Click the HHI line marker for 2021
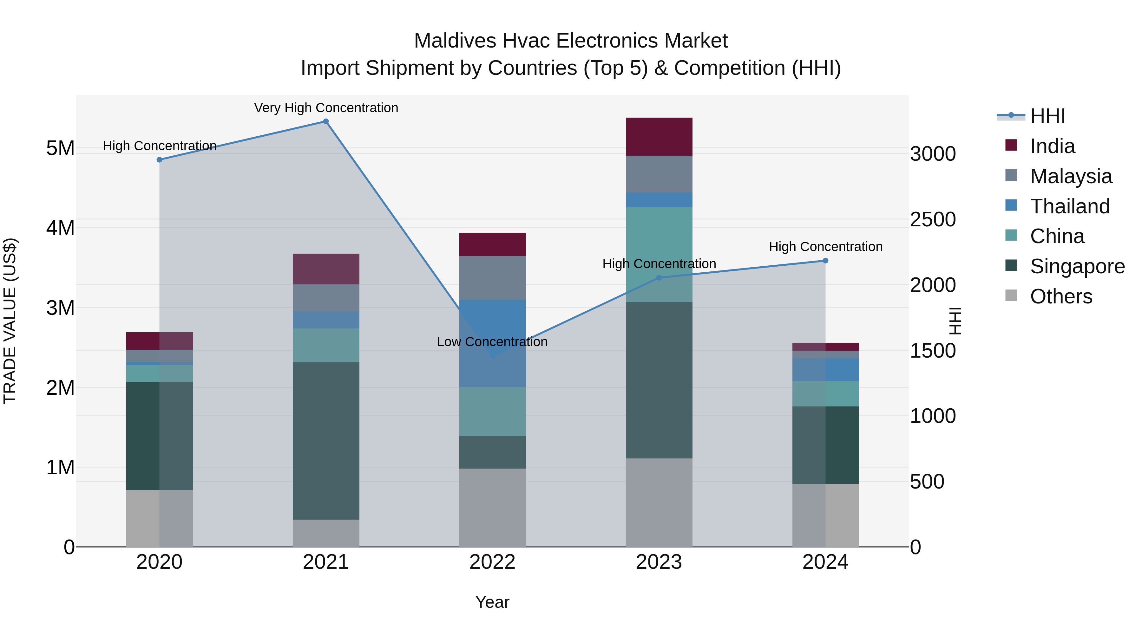(326, 121)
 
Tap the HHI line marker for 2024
(825, 261)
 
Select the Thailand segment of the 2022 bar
(492, 343)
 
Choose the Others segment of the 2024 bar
(825, 515)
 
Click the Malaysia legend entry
(1071, 176)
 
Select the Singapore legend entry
(1077, 266)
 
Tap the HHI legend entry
(1047, 116)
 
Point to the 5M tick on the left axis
(60, 148)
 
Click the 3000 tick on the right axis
(933, 154)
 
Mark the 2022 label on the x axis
(492, 562)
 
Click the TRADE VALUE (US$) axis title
(10, 321)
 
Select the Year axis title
(492, 602)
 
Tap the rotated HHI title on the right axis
(955, 321)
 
